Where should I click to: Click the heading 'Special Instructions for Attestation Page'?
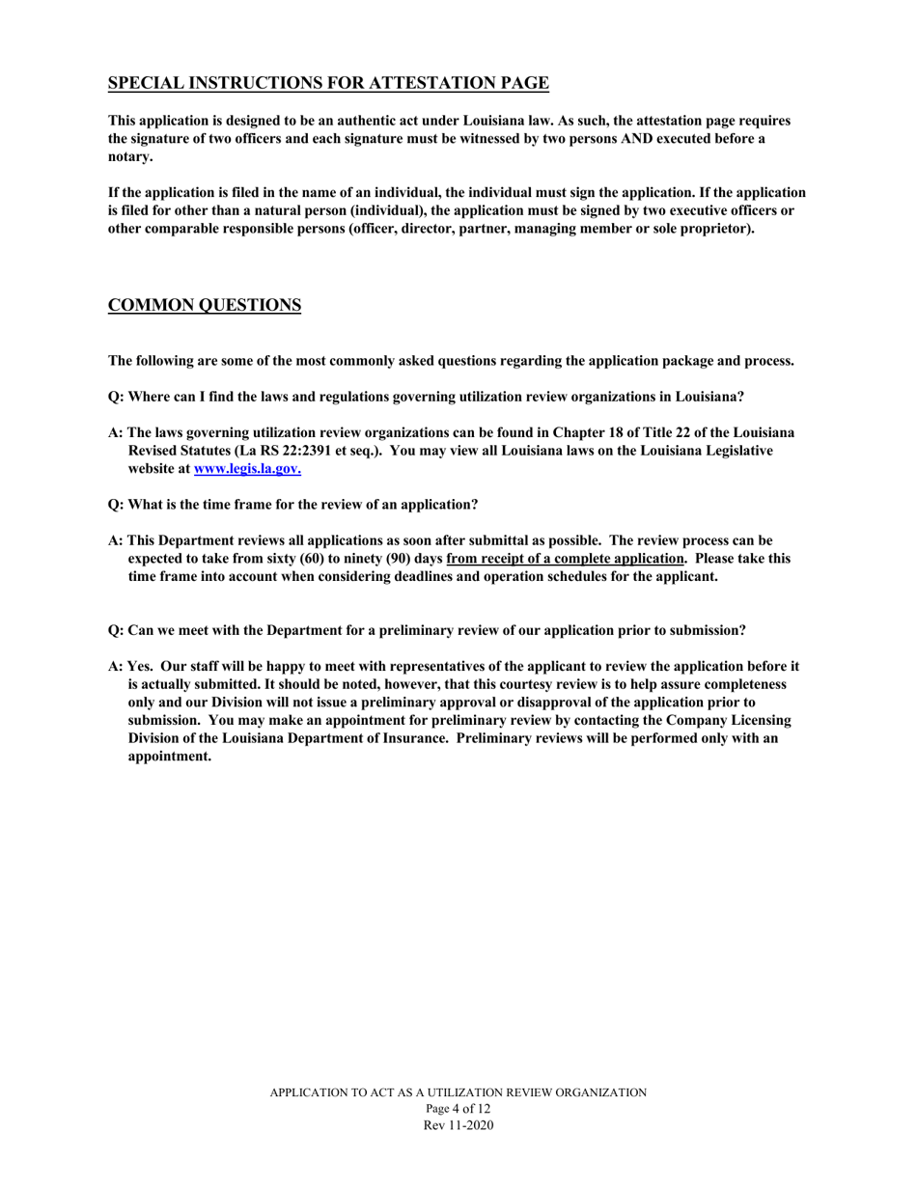coord(328,84)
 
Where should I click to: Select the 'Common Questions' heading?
coord(204,306)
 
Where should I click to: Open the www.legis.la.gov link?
coord(247,468)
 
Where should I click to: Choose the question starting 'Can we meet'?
coord(427,630)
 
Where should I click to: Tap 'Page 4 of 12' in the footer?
coord(458,1110)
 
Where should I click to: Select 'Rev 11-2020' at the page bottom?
coord(458,1126)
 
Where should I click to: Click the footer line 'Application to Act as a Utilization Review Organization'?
coord(458,1092)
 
